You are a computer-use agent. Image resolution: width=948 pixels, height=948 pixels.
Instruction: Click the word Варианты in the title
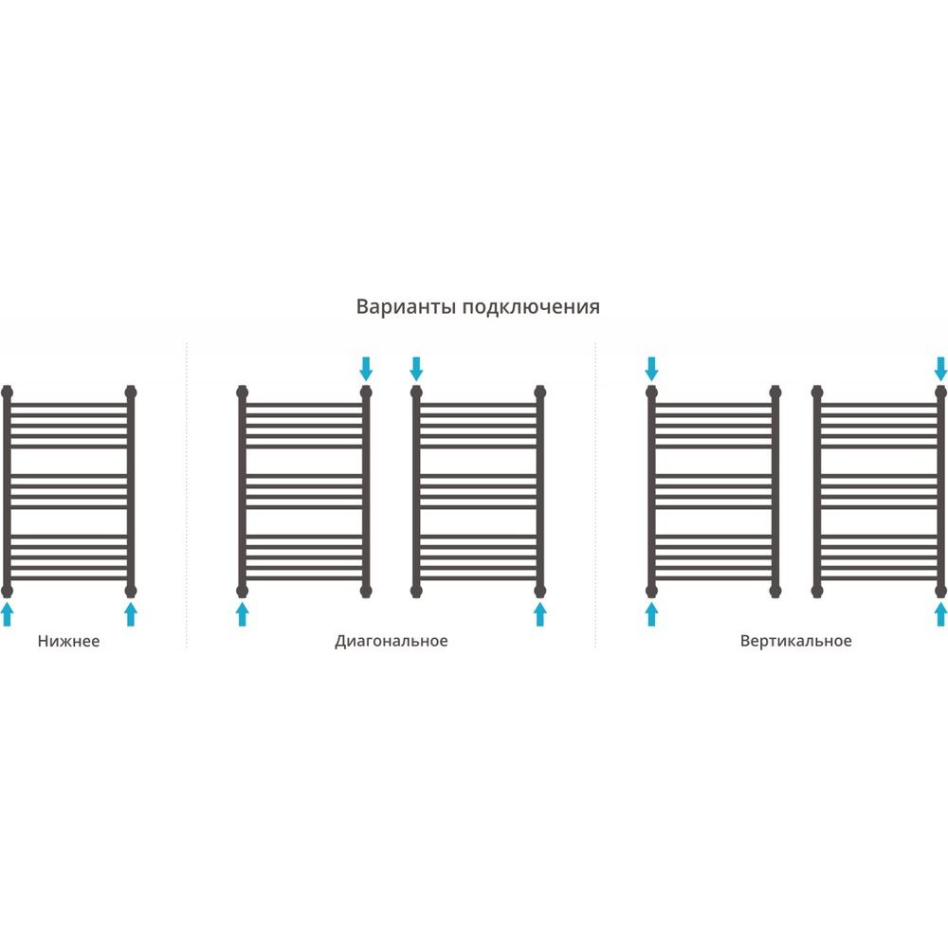click(x=406, y=306)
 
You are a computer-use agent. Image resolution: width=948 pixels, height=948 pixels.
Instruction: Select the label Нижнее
click(x=68, y=641)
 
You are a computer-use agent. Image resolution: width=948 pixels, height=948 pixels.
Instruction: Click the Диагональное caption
click(x=392, y=641)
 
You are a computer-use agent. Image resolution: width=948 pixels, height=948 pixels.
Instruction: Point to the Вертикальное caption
click(x=795, y=641)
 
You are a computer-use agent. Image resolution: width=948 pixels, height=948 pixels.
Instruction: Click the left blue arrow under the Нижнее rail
click(x=8, y=613)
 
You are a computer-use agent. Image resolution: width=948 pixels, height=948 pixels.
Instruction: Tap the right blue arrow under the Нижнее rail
click(x=131, y=613)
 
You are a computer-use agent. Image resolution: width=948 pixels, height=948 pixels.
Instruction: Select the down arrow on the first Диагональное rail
click(x=366, y=369)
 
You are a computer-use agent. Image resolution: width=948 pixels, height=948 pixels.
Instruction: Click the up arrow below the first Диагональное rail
click(x=242, y=613)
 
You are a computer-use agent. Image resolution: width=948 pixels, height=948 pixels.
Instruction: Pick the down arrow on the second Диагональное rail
click(x=416, y=369)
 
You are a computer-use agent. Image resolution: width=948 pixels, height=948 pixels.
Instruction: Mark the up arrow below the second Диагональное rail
click(x=540, y=613)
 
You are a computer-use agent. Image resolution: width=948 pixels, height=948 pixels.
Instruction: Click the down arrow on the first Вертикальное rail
click(x=651, y=369)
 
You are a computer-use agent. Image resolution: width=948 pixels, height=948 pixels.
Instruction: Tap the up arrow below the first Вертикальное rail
click(x=651, y=613)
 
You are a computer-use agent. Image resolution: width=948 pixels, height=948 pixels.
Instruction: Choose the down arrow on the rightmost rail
click(x=940, y=369)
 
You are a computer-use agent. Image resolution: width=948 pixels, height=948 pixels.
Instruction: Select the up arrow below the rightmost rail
click(x=940, y=613)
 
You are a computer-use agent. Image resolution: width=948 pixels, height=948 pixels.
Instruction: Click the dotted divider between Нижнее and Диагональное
click(x=186, y=495)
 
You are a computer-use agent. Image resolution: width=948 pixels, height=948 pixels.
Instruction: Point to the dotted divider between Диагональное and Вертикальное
click(x=595, y=495)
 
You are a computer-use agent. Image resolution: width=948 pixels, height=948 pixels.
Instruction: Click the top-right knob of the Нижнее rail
click(x=131, y=392)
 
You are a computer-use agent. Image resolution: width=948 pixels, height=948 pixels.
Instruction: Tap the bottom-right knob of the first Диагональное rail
click(x=366, y=590)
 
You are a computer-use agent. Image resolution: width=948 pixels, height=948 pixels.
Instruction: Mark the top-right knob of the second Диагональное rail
click(x=540, y=392)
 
